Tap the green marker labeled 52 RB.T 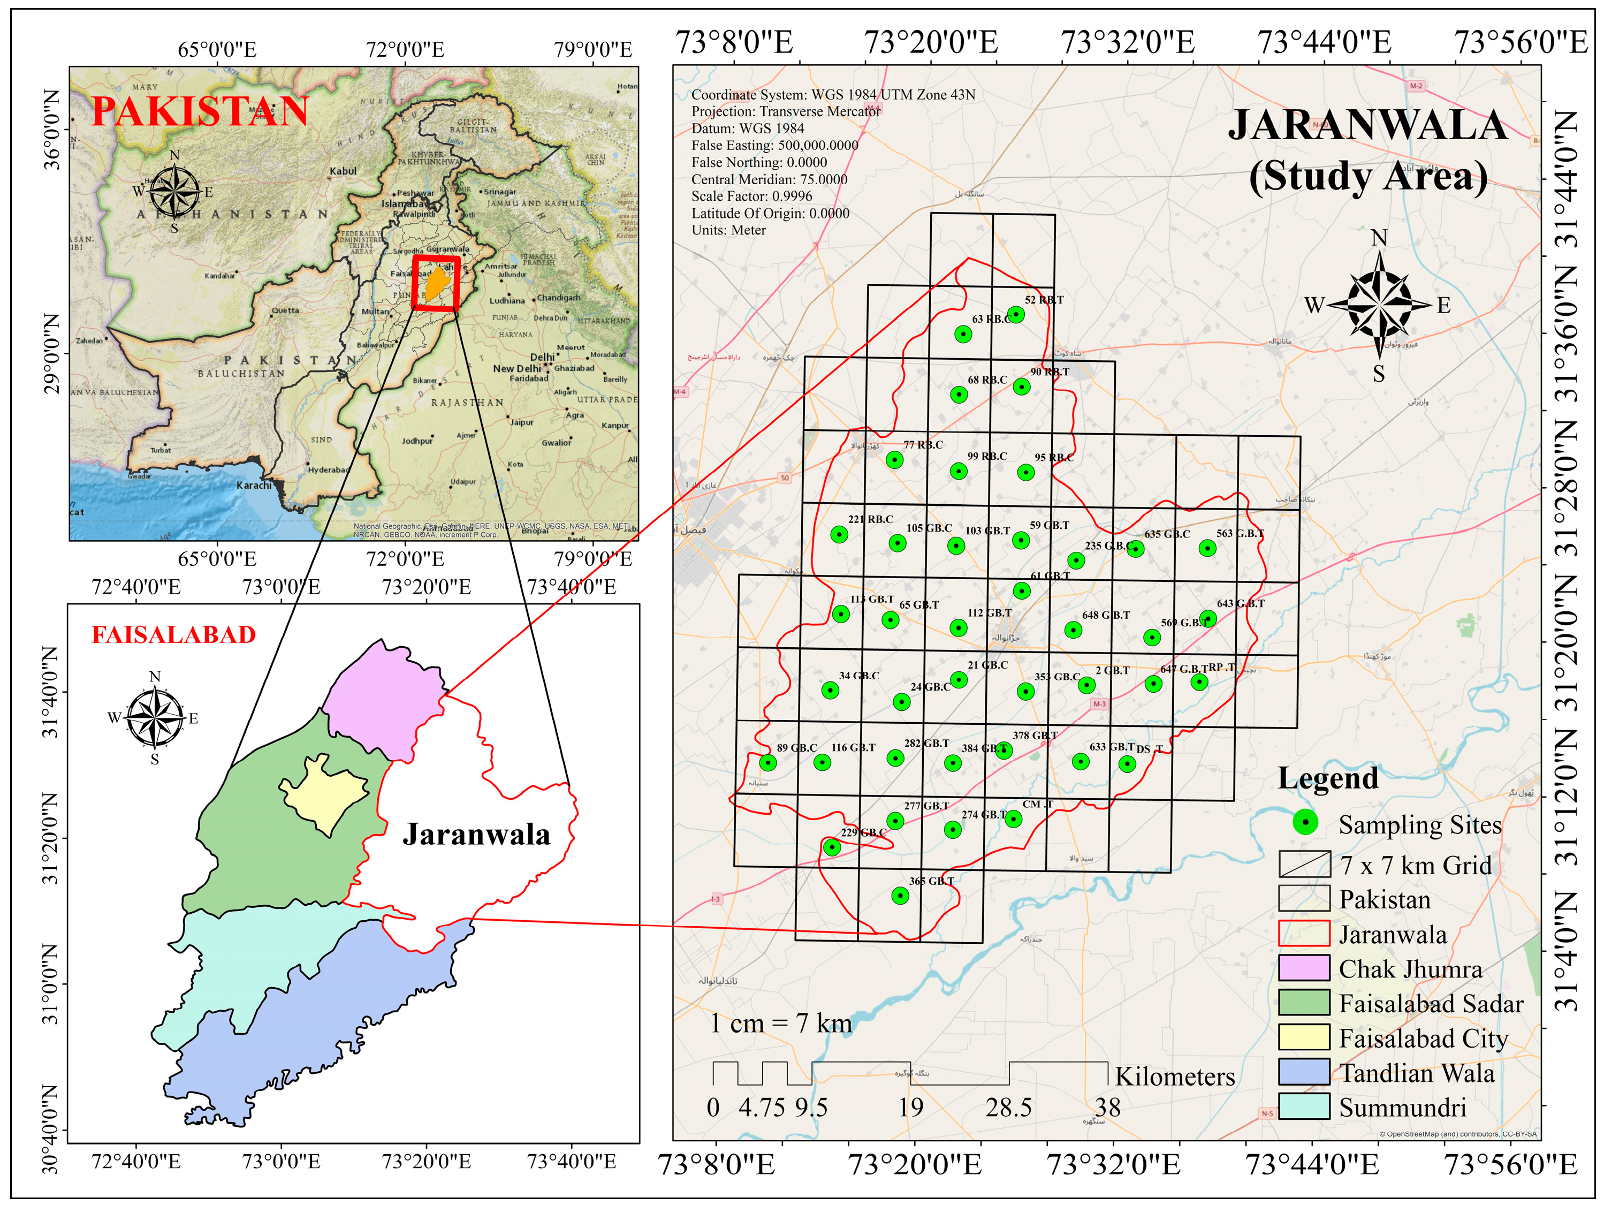click(x=1016, y=314)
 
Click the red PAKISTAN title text click(x=200, y=112)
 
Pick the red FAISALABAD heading click(x=174, y=635)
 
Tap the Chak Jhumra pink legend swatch click(x=1304, y=968)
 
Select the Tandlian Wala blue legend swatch click(x=1304, y=1072)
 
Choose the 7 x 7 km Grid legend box click(x=1304, y=864)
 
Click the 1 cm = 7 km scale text click(x=781, y=1023)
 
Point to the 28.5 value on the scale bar click(x=1009, y=1108)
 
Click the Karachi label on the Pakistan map click(x=254, y=486)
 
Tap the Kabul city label click(x=343, y=171)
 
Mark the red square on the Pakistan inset click(x=436, y=283)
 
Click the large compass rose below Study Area click(x=1379, y=305)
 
